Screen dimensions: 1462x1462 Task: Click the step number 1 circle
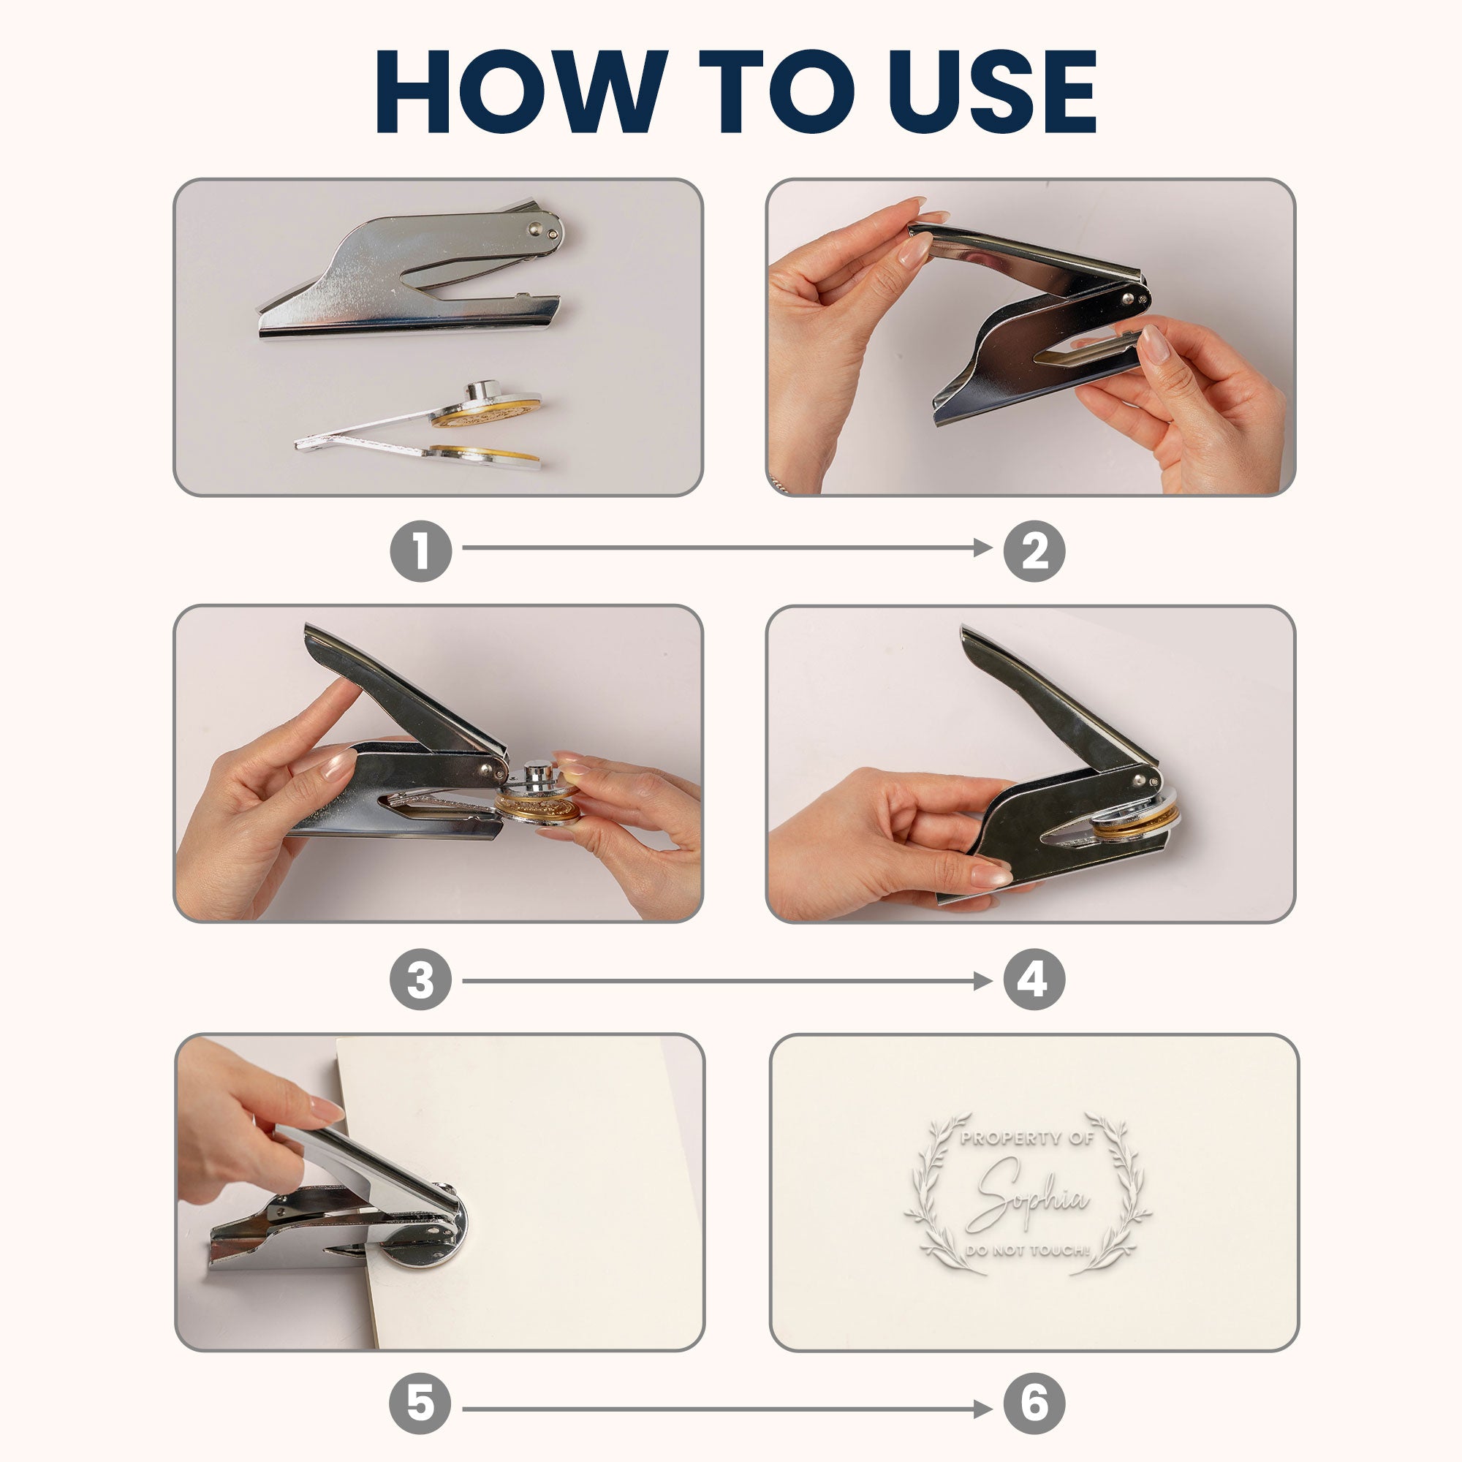click(x=421, y=550)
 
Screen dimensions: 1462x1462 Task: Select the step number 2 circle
click(x=1034, y=550)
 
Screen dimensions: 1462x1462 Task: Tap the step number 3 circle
click(x=421, y=982)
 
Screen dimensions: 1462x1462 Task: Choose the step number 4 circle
click(x=1034, y=982)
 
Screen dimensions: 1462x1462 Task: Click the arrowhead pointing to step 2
click(x=983, y=547)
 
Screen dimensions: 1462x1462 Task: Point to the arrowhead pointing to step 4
click(x=983, y=982)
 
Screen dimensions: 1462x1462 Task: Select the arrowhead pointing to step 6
click(x=983, y=1409)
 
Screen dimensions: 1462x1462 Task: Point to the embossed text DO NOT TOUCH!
click(x=1028, y=1251)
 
